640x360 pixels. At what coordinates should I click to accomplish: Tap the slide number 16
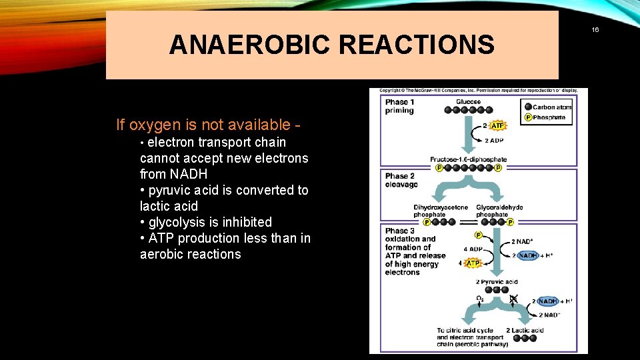click(x=595, y=30)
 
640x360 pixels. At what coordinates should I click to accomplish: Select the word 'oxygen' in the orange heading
click(x=153, y=125)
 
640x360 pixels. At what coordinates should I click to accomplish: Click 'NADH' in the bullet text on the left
click(x=189, y=174)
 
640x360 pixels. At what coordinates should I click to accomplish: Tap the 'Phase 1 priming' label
click(x=399, y=107)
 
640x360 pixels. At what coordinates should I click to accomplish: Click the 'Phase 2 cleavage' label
click(x=401, y=180)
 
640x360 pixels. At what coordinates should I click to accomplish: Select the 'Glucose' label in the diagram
click(x=468, y=102)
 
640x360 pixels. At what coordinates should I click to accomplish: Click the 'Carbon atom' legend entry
click(x=552, y=107)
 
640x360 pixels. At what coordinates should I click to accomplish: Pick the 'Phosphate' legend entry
click(x=549, y=117)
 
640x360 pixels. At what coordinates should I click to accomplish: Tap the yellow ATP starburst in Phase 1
click(x=497, y=125)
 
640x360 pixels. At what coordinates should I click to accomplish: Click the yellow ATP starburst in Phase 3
click(x=472, y=263)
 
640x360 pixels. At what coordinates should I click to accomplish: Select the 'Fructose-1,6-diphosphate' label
click(x=468, y=159)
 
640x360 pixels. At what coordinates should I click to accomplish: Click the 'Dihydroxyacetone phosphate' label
click(x=441, y=211)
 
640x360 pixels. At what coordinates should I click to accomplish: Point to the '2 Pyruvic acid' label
click(x=497, y=282)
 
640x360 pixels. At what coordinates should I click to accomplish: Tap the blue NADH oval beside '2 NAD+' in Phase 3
click(x=529, y=255)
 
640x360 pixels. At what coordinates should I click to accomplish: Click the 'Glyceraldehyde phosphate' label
click(x=499, y=211)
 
